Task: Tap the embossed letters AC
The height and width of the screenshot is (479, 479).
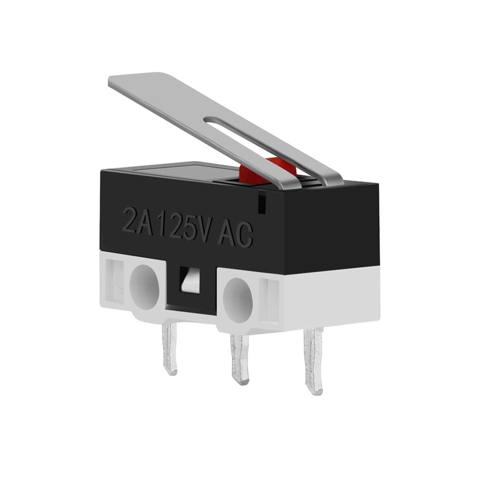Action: coord(235,234)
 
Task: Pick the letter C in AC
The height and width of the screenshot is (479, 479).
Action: coord(244,235)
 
